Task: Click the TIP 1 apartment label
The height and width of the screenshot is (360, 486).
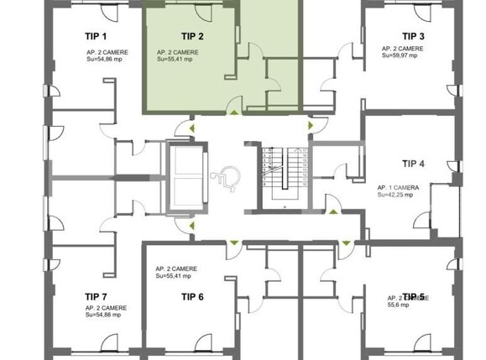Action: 96,37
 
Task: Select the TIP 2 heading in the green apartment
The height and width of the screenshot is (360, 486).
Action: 192,37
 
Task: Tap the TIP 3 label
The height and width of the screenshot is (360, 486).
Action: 412,36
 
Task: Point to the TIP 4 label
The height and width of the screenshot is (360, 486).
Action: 414,164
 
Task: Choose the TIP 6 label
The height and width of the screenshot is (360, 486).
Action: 192,296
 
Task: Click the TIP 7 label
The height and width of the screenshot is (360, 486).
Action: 96,296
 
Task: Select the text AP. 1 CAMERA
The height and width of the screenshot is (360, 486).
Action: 399,186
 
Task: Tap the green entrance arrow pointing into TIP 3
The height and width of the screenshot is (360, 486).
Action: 311,126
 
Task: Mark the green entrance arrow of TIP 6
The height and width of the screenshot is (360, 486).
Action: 233,243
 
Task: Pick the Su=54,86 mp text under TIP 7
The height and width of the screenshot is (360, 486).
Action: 106,316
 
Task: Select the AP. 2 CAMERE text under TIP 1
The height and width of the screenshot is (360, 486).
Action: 107,52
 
